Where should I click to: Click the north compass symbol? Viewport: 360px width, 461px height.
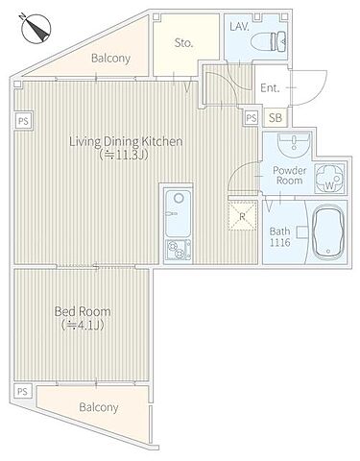[36, 28]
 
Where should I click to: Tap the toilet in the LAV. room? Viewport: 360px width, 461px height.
[268, 41]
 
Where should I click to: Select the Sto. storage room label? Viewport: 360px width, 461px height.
[183, 43]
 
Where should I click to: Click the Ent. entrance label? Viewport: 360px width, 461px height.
[270, 87]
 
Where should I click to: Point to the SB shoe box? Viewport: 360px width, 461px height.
[276, 118]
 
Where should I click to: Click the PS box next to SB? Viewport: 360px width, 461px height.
[252, 118]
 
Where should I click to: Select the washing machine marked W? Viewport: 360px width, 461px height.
[330, 179]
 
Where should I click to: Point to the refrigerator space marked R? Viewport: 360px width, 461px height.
[242, 216]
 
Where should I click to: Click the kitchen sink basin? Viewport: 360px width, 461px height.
[178, 208]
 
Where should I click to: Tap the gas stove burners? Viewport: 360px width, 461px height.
[178, 251]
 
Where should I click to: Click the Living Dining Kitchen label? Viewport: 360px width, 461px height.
[126, 141]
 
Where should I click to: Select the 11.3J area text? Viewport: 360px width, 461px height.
[124, 156]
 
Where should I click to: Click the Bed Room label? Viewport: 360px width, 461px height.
[83, 311]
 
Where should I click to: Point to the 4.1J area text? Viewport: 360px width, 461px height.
[83, 326]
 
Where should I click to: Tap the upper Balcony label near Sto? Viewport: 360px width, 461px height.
[110, 59]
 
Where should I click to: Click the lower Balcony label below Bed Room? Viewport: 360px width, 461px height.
[99, 407]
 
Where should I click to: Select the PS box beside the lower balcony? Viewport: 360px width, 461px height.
[22, 392]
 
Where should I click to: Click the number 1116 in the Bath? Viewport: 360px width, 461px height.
[279, 242]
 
